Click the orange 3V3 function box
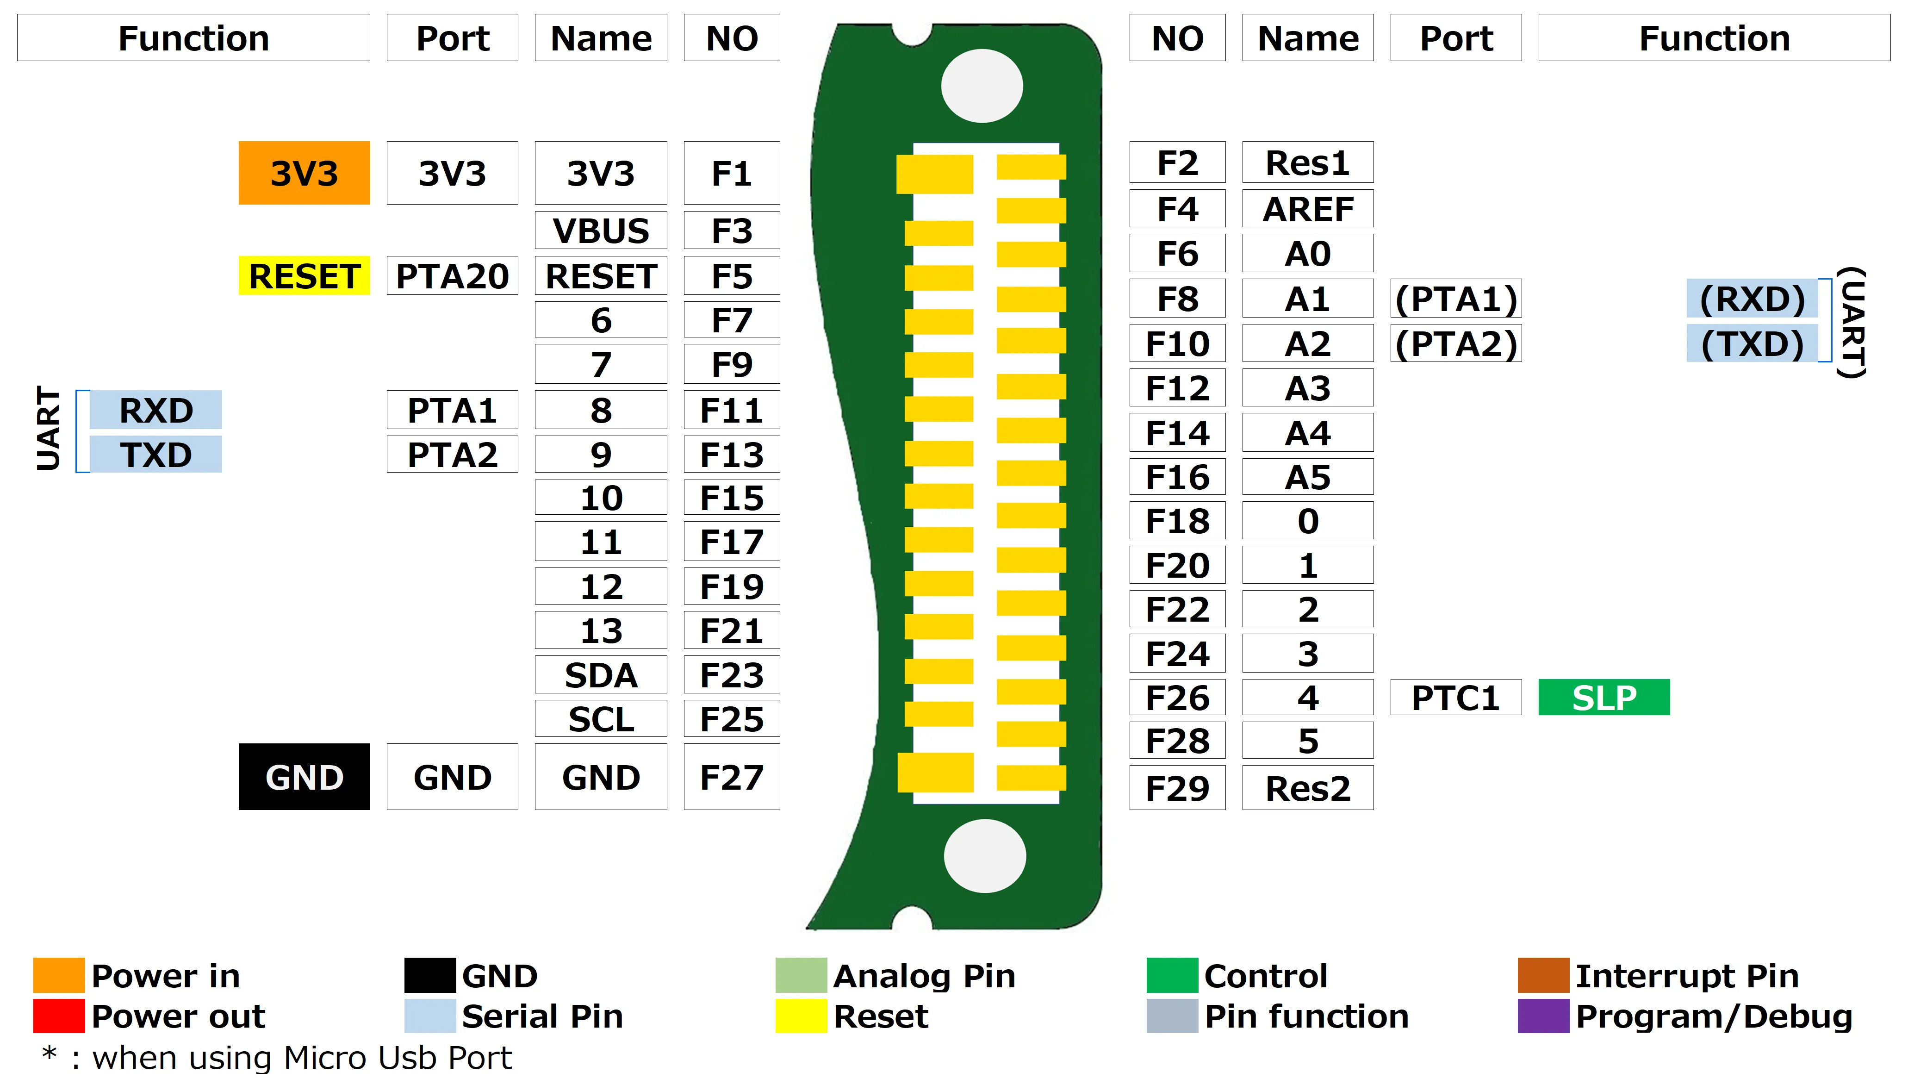coord(304,173)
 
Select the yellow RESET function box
coord(304,276)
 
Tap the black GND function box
coord(304,777)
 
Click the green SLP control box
coord(1604,698)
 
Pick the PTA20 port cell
coord(453,276)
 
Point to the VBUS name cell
coord(601,230)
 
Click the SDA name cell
coord(601,675)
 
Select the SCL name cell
coord(601,719)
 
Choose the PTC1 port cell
coord(1455,698)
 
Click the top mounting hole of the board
coord(982,86)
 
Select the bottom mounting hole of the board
coord(984,856)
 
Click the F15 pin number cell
coord(732,498)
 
